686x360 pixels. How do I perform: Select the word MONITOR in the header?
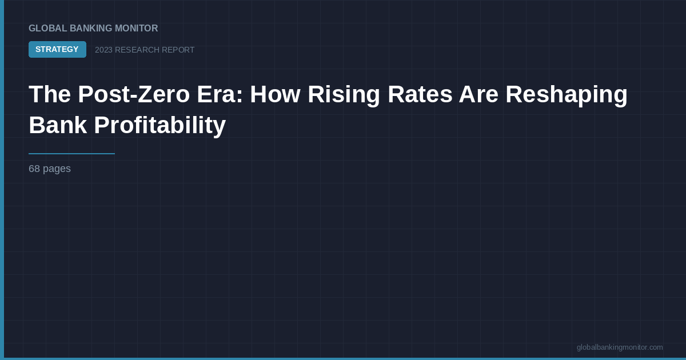pos(137,29)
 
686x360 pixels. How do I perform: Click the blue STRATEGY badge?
pos(57,50)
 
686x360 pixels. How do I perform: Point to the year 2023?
pos(103,50)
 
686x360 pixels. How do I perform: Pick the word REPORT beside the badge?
pos(178,50)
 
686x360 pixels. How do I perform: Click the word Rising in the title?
pos(344,94)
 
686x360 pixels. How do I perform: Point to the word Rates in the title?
pos(420,94)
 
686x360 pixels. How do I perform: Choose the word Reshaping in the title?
pos(567,94)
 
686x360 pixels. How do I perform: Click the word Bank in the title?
pos(58,125)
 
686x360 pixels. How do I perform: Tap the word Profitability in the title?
pos(160,125)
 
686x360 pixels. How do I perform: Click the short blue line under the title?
pos(71,154)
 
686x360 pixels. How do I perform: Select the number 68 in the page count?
pos(34,169)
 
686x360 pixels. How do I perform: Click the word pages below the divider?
pos(57,169)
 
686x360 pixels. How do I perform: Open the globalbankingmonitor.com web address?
pos(620,347)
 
